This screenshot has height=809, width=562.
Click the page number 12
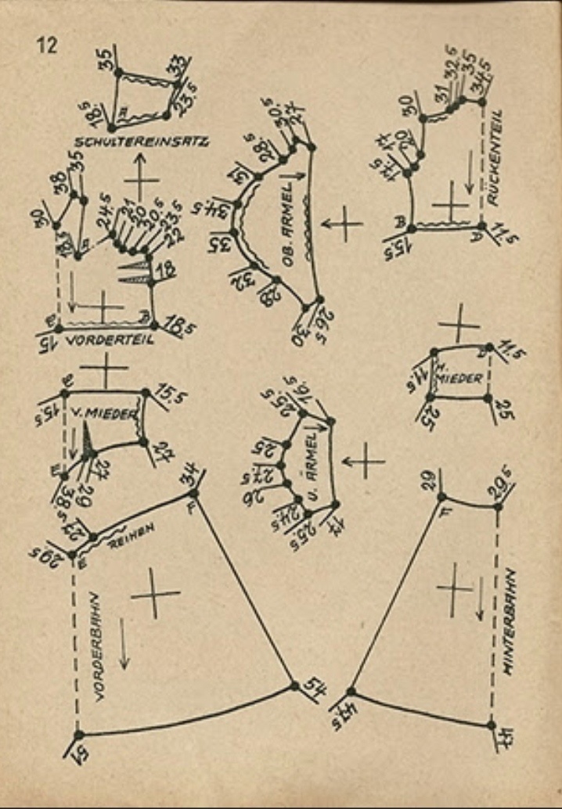coord(47,45)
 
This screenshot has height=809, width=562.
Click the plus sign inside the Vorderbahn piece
coord(155,594)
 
